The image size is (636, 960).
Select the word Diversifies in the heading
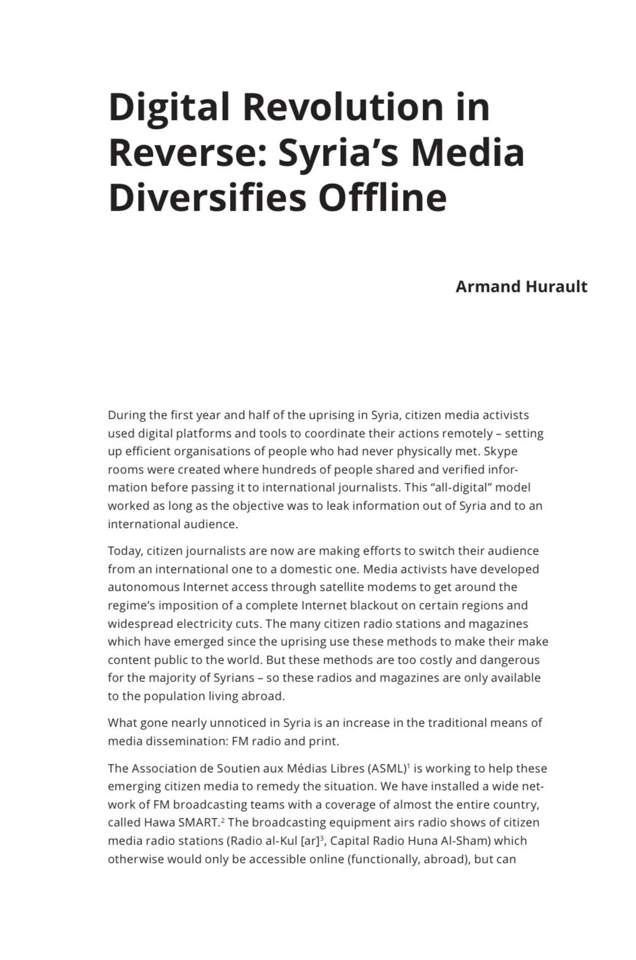click(207, 197)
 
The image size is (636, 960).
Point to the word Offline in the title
click(382, 197)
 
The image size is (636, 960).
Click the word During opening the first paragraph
click(126, 415)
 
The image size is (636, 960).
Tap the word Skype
click(501, 451)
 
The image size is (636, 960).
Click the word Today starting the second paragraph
click(124, 551)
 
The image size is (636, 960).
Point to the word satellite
click(344, 587)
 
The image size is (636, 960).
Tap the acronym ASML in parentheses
click(388, 768)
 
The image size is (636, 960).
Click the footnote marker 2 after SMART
click(223, 819)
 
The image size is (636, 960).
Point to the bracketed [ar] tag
click(310, 841)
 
